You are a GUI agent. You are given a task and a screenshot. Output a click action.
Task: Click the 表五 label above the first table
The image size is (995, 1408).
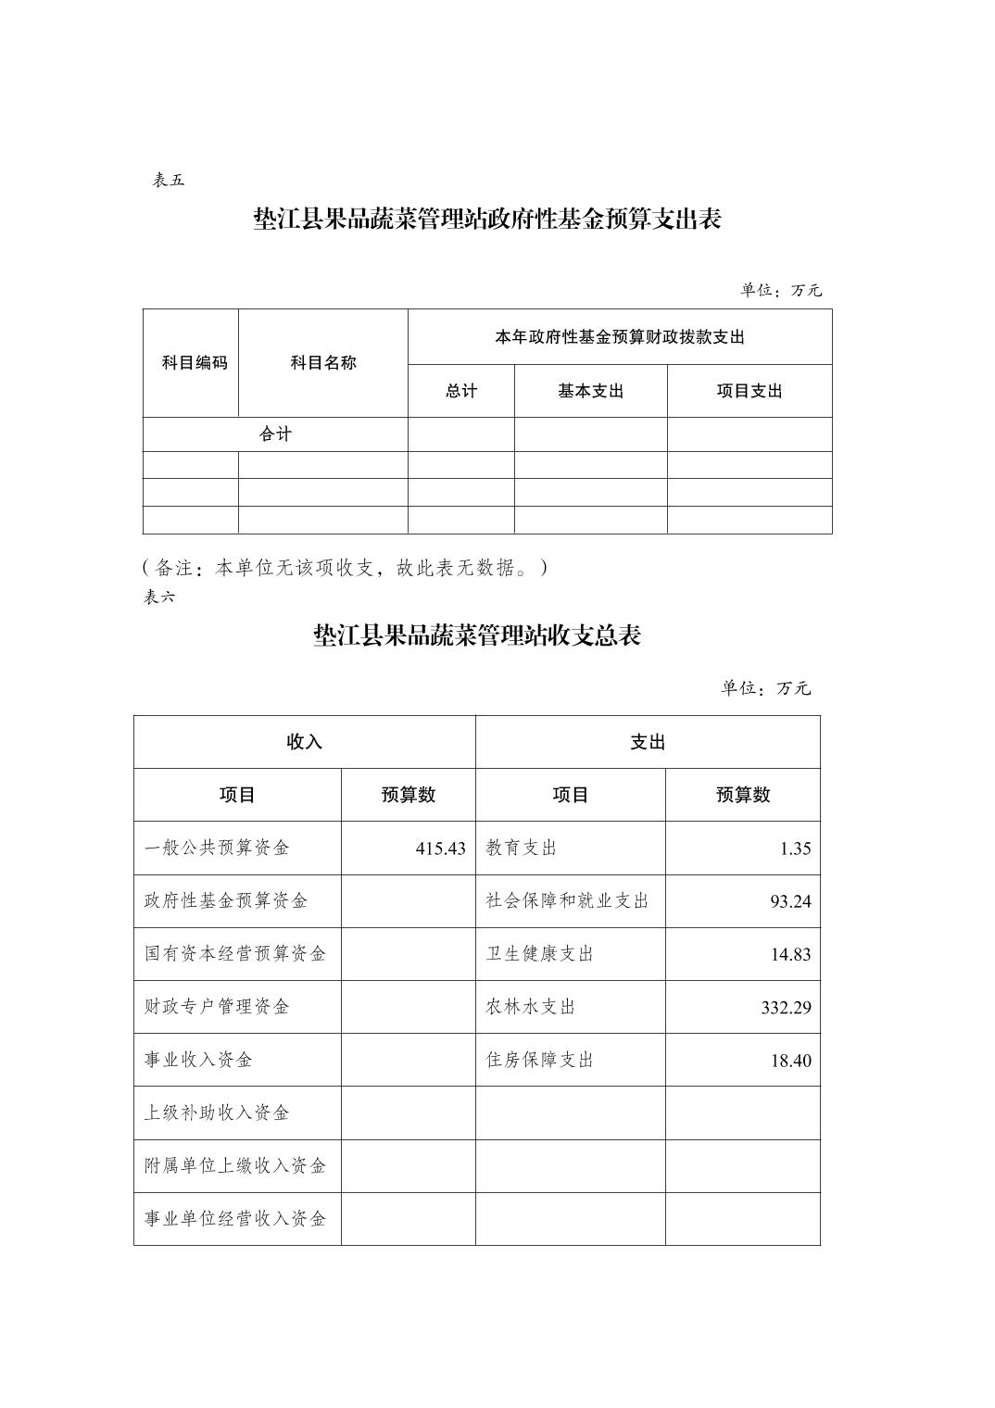[x=169, y=181]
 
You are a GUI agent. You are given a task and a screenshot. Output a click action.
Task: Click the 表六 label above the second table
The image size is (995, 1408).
[x=158, y=597]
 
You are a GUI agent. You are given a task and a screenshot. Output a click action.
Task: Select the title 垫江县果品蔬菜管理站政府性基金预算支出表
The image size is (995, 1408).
[x=487, y=220]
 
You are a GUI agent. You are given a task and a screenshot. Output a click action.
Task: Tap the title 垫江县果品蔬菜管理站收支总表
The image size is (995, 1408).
[x=477, y=636]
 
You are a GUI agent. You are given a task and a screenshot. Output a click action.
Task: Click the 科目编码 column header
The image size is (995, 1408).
[x=195, y=363]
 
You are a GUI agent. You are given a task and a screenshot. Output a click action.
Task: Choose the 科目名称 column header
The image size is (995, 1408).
[x=323, y=363]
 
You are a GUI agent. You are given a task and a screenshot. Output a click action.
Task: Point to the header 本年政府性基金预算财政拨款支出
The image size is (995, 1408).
[x=620, y=337]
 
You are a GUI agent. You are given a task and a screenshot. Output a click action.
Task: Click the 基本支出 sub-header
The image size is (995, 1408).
[x=590, y=391]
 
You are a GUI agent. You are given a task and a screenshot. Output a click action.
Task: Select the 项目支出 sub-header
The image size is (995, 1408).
[x=749, y=391]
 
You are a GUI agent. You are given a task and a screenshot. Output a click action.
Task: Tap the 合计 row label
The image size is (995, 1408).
[x=275, y=434]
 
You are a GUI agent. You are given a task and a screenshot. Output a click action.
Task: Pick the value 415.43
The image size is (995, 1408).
[x=440, y=849]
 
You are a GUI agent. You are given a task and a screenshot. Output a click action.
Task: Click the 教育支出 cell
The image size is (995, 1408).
[x=522, y=849]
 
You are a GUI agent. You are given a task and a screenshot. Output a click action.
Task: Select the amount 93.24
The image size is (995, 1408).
[x=790, y=901]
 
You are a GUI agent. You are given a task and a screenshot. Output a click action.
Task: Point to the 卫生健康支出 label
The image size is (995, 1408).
[x=540, y=954]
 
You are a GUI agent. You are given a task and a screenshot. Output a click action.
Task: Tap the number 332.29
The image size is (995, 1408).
[x=786, y=1008]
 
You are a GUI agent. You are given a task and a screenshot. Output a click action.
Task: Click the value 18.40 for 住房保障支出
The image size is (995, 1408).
[x=790, y=1061]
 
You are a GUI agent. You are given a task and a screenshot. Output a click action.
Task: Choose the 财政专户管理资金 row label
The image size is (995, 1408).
[x=217, y=1007]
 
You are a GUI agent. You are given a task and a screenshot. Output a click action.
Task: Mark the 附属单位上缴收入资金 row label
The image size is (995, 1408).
[x=235, y=1166]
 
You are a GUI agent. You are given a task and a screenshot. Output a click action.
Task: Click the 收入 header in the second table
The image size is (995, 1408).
[x=304, y=742]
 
